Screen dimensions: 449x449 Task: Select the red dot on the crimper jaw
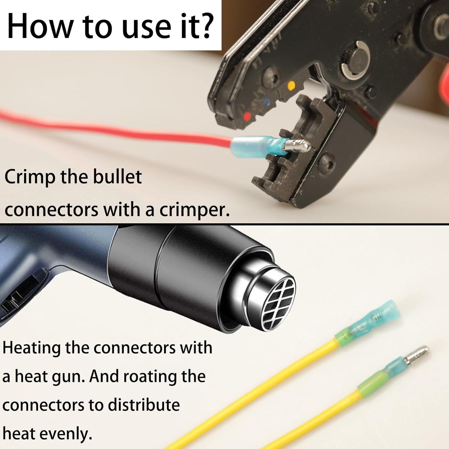tap(247, 116)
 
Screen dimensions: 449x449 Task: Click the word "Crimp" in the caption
tap(30, 178)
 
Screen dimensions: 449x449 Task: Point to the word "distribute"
tap(144, 405)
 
